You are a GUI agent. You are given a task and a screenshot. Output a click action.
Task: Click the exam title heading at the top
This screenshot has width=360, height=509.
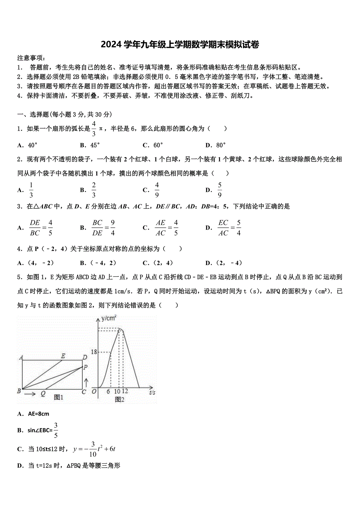point(180,45)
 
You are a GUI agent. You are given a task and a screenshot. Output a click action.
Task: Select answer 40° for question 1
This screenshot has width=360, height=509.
point(32,145)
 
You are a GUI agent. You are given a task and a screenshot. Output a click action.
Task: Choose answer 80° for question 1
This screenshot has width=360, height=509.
point(221,145)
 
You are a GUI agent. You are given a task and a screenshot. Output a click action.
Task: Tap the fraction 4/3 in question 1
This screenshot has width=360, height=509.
point(94,129)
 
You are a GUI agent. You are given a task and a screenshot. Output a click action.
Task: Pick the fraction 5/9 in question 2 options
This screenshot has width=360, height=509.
point(220,190)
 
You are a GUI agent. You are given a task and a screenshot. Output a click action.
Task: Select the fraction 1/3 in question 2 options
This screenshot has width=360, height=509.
point(31,190)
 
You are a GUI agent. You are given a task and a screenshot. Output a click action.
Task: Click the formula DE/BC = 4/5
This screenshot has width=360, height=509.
point(41,228)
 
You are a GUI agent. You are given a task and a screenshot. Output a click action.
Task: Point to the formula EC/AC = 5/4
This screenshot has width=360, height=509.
point(229,228)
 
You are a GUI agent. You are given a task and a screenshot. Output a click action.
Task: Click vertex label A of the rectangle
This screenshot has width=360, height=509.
point(21,357)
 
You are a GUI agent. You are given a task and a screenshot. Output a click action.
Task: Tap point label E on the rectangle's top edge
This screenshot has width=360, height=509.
point(63,356)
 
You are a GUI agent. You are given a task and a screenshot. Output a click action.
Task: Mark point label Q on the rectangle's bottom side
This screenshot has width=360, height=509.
point(43,394)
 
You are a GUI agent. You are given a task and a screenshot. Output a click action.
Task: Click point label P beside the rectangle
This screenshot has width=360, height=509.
point(86,367)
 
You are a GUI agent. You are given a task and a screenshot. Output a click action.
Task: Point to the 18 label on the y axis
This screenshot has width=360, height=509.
point(94,352)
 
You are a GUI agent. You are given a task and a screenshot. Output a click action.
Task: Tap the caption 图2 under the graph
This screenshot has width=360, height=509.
point(119,399)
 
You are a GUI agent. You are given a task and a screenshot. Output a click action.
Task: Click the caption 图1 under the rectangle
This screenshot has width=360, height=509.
point(59,397)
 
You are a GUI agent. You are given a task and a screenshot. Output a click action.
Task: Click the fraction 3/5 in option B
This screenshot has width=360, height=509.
point(56,430)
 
